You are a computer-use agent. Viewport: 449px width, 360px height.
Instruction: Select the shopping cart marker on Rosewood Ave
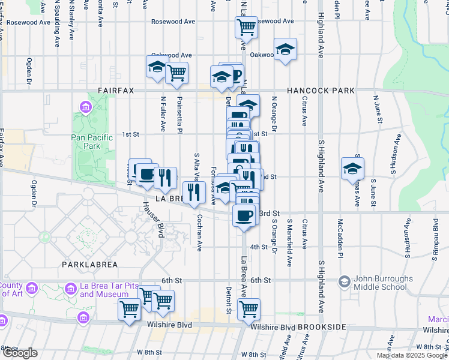pyautogui.click(x=246, y=26)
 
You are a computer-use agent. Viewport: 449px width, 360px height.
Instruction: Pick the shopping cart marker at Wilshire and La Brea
pyautogui.click(x=248, y=310)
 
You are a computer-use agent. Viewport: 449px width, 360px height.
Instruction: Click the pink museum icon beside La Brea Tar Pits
pyautogui.click(x=71, y=290)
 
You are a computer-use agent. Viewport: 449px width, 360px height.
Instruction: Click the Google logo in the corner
pyautogui.click(x=20, y=353)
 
